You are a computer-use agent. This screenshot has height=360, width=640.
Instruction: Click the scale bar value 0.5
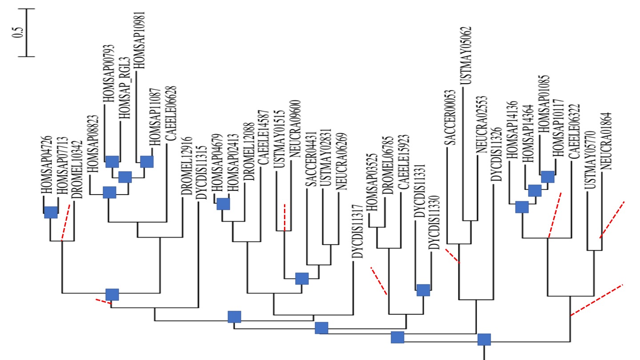coord(17,32)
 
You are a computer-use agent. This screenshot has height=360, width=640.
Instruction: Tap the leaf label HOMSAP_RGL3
coord(124,88)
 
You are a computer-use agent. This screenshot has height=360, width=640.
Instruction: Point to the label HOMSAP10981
coord(140,40)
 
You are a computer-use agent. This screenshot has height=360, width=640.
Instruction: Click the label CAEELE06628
coord(171,113)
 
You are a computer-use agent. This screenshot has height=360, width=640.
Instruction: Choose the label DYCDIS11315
coord(201,172)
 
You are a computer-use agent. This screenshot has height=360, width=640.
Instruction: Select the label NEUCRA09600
coord(295,129)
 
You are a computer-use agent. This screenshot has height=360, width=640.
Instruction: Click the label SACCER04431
coord(311,159)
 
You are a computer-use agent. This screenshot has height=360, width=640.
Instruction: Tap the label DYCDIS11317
coord(357,232)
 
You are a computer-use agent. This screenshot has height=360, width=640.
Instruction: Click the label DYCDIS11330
coord(434,222)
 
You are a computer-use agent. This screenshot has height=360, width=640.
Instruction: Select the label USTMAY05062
coord(466,56)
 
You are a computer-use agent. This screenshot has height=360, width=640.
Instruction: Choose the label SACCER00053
coord(450,117)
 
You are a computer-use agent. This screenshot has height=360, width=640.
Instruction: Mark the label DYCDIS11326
coord(496,154)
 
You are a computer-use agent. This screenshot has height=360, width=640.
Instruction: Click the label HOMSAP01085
coord(544,104)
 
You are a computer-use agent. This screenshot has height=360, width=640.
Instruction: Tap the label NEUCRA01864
coord(606,141)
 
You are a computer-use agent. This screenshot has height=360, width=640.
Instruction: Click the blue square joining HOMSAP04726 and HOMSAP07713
coord(51,212)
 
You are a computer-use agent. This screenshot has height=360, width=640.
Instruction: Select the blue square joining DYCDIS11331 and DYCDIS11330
coord(423,290)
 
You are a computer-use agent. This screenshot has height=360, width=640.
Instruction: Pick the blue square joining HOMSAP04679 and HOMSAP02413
coord(223,204)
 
